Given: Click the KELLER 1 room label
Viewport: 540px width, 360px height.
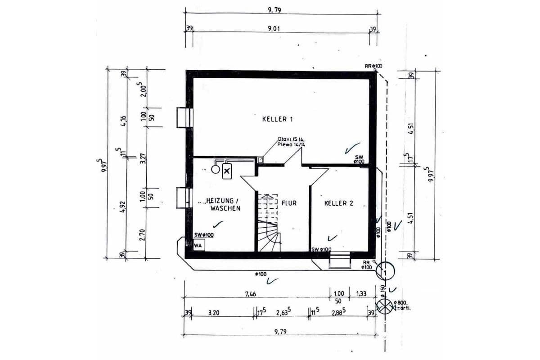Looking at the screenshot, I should click(278, 119).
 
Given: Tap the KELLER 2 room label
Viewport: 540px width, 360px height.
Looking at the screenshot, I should click(338, 203).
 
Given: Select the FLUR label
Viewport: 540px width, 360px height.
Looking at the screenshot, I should click(289, 203).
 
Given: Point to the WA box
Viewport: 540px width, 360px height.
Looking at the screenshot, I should click(198, 245).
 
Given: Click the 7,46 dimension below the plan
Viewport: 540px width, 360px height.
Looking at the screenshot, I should click(251, 294).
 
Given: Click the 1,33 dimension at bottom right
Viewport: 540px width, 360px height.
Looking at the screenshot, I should click(361, 294).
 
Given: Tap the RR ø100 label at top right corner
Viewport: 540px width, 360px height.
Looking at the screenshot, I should click(373, 66).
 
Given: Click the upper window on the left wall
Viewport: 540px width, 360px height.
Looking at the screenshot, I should click(184, 118).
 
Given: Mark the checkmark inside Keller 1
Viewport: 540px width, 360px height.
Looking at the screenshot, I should click(351, 147).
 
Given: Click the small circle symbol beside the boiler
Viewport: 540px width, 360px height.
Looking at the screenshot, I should click(215, 170).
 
